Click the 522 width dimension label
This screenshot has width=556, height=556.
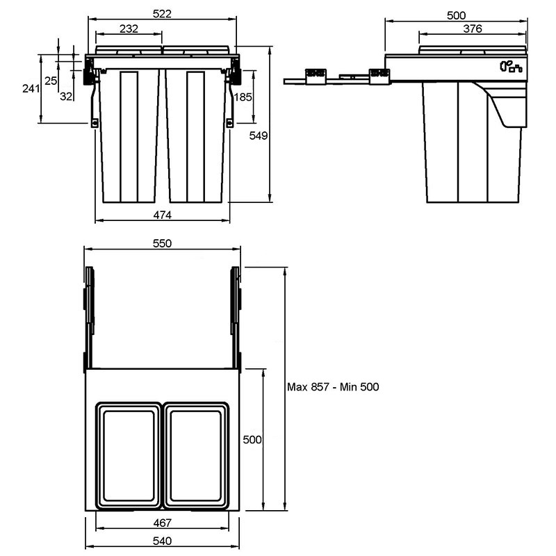click(162, 13)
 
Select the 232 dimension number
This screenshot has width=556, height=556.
click(129, 28)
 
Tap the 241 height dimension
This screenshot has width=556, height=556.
click(31, 88)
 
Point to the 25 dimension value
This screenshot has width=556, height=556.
click(51, 81)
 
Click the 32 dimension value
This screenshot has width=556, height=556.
click(66, 96)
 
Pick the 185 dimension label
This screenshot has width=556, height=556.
click(243, 97)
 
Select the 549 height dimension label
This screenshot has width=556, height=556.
click(258, 136)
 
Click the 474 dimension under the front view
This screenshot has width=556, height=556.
click(162, 215)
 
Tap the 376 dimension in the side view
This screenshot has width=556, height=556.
click(473, 28)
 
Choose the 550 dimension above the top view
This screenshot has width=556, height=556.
click(162, 243)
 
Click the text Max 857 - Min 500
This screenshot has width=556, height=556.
click(333, 386)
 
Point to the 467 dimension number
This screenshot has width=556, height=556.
click(162, 523)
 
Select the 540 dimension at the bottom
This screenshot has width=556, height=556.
click(162, 541)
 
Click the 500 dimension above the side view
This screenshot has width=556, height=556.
click(456, 15)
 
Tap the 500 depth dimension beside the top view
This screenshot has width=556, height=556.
click(252, 440)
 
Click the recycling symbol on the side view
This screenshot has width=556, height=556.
click(511, 66)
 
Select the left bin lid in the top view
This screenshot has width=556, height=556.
click(129, 455)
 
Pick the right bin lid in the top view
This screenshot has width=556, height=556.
click(196, 455)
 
